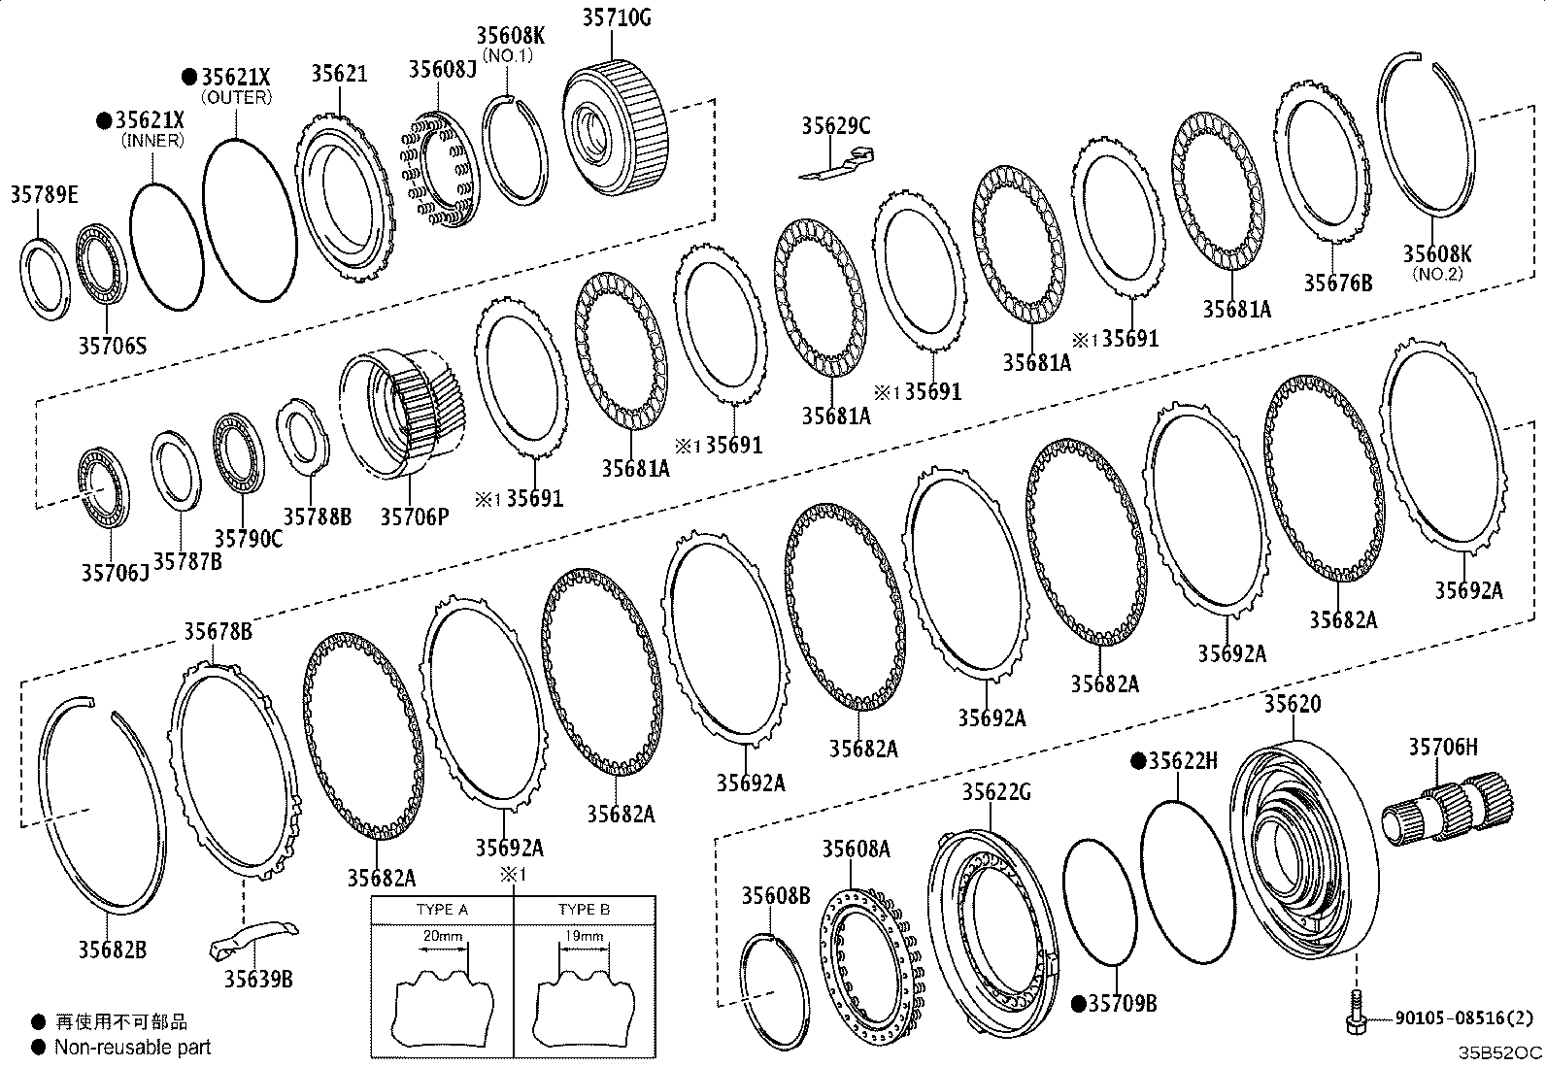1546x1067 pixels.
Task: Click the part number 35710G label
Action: point(617,17)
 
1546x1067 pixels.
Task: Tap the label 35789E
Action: point(45,195)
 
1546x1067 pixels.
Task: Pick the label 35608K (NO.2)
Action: point(1436,254)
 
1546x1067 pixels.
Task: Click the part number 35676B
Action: point(1337,283)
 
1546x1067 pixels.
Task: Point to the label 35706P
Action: point(414,516)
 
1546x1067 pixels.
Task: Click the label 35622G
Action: point(996,792)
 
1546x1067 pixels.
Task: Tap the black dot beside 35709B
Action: point(1078,1004)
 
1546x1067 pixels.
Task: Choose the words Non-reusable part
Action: point(133,1047)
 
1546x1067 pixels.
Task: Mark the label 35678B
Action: point(218,632)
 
